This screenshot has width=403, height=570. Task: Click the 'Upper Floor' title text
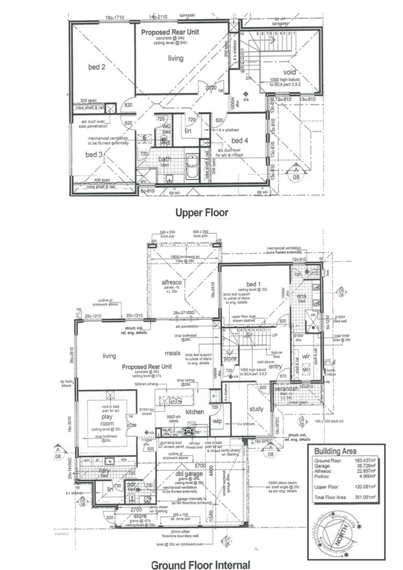tap(201, 213)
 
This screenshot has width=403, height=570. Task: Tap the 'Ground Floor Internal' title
tap(201, 564)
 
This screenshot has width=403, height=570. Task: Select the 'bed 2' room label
tap(97, 67)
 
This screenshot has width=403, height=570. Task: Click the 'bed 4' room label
tap(239, 140)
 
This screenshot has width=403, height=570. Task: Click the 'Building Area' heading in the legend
tap(335, 451)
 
